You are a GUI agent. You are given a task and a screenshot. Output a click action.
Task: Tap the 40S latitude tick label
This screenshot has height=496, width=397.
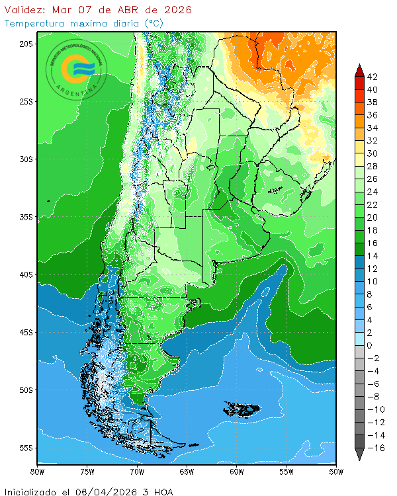tap(26, 274)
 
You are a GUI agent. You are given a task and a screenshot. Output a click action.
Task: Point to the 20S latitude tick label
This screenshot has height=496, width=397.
tap(26, 44)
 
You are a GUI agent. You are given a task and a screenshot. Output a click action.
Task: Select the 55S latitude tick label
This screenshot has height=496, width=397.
tap(26, 448)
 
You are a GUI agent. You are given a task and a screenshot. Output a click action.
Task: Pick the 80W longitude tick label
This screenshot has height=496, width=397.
tap(38, 472)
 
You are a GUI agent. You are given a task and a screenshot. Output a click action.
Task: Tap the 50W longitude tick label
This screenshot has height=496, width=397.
tap(335, 472)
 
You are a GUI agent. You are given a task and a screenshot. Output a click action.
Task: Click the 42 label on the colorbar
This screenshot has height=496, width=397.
tap(372, 77)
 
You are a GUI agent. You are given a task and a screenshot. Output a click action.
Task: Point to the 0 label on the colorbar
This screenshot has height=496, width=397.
tap(369, 345)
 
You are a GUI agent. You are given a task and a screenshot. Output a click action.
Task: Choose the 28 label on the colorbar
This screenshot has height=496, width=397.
tap(372, 166)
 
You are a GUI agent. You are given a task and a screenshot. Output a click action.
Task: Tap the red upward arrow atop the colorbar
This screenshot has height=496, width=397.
tap(359, 69)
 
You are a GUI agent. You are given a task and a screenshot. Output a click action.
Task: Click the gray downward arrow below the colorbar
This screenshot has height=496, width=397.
tap(359, 454)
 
